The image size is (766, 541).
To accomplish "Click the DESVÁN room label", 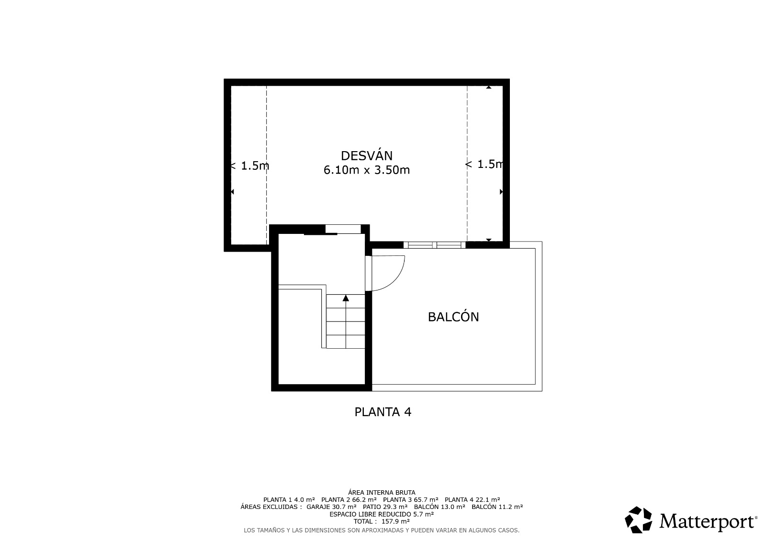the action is (x=367, y=156).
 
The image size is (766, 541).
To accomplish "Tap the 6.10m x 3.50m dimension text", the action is (x=367, y=170).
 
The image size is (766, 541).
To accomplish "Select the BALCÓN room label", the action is (x=453, y=317).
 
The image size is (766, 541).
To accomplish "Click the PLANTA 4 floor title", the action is (x=383, y=412).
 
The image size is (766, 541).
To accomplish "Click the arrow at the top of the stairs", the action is (x=346, y=298).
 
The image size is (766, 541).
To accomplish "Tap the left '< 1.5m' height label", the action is (x=250, y=166).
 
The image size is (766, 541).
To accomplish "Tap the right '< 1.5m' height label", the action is (x=484, y=165).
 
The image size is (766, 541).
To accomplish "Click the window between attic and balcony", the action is (x=434, y=245).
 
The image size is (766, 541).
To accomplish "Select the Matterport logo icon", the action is (x=638, y=519).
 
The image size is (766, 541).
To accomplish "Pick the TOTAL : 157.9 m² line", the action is (x=382, y=521).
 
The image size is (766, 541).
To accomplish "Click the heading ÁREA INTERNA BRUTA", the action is (x=382, y=493).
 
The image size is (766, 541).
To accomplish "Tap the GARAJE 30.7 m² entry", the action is (x=331, y=507).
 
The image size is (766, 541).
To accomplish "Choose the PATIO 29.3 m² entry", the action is (x=385, y=507).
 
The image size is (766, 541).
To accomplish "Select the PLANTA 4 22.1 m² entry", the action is (x=472, y=500).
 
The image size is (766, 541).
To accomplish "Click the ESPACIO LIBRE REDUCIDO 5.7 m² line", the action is (x=382, y=514).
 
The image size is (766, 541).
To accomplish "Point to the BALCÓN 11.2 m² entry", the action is (x=497, y=507).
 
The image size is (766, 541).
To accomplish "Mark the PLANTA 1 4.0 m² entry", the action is (x=289, y=500).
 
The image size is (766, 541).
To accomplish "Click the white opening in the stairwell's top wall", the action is (x=343, y=229).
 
